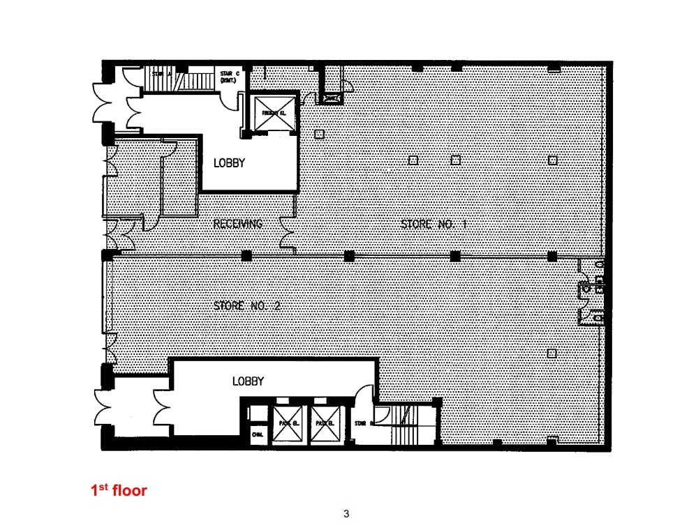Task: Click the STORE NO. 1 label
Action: coord(433,224)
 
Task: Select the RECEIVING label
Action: coord(238,224)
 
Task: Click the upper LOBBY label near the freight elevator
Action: coord(229,163)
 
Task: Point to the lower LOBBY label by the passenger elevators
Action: coord(248,381)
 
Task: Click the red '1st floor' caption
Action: coord(119,491)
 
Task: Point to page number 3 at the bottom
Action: coord(346,515)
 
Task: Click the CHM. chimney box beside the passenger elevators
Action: coord(255,434)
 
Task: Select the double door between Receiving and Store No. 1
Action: coord(287,233)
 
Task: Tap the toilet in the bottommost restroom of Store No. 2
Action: coord(598,317)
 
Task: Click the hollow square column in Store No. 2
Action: coord(551,353)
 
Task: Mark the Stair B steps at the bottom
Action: coord(401,425)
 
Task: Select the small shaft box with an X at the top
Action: coord(330,99)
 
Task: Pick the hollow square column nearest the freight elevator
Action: coord(319,134)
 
